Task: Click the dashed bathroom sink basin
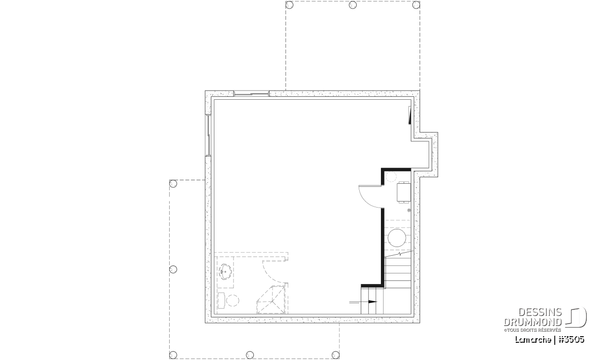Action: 226,271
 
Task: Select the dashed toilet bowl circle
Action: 233,300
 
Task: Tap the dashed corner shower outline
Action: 272,300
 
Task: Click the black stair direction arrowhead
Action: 372,302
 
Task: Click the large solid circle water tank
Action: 397,238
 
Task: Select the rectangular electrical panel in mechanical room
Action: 404,192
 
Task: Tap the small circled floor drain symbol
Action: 409,210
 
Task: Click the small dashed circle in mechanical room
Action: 391,177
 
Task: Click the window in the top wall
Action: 251,94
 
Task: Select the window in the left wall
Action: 208,136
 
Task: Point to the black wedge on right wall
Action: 410,115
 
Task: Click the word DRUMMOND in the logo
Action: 533,322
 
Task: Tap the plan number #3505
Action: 572,340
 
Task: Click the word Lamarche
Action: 533,340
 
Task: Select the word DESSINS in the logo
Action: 540,312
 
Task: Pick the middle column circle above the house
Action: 353,5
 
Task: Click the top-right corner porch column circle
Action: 416,5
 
